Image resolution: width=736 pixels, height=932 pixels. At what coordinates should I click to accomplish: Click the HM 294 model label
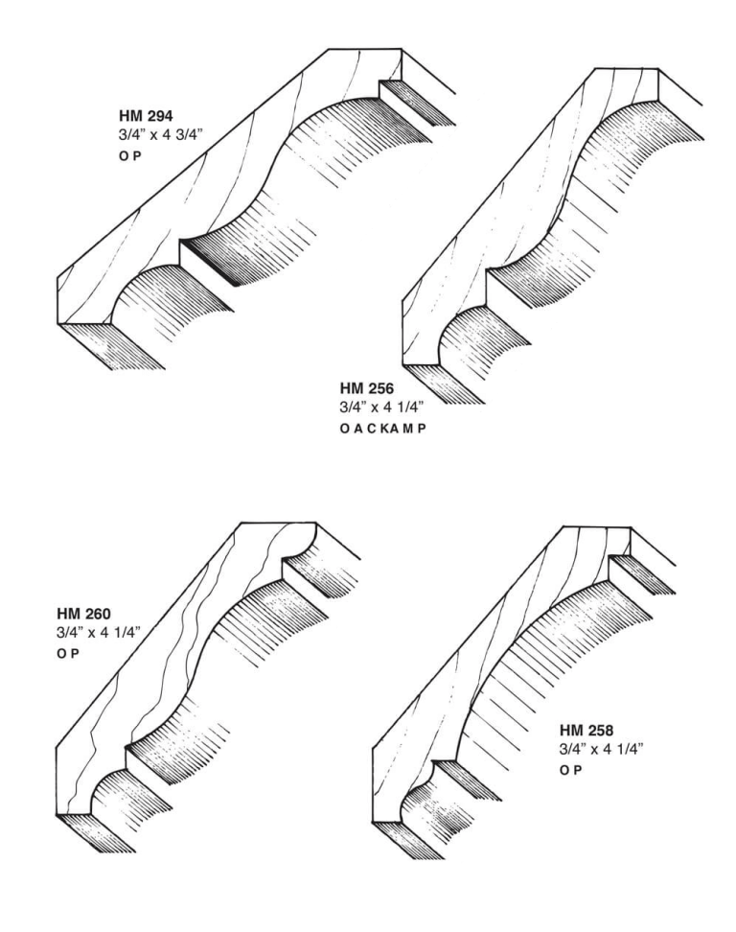click(x=146, y=115)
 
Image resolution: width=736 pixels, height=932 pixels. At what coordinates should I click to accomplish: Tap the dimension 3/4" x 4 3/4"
click(x=160, y=135)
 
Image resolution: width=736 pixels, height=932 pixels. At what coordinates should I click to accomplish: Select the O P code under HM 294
click(x=129, y=157)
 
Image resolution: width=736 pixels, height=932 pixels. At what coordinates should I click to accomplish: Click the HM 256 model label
click(x=366, y=388)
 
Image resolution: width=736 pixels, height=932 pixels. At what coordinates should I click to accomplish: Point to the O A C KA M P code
click(x=383, y=428)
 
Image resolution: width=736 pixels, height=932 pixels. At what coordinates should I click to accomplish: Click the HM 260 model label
click(x=83, y=613)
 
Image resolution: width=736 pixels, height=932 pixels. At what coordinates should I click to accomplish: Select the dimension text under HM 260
click(x=99, y=633)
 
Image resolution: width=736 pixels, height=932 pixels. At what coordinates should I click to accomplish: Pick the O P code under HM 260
click(x=68, y=653)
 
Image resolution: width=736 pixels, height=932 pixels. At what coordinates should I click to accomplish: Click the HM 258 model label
click(x=586, y=730)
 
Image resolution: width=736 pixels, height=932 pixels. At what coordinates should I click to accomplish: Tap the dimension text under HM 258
click(x=601, y=749)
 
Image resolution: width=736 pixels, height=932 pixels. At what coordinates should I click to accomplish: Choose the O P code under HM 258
click(x=570, y=770)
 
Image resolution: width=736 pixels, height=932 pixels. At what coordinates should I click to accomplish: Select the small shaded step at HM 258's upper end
click(x=643, y=574)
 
